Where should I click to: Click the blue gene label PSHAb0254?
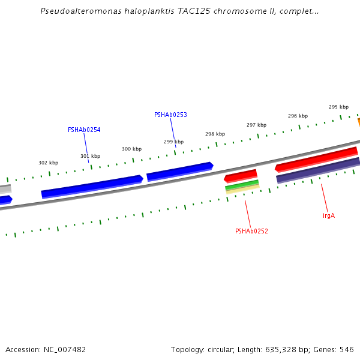[84, 130]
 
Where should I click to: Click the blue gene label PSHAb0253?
[170, 115]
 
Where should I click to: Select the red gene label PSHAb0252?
[251, 231]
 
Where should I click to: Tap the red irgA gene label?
[329, 215]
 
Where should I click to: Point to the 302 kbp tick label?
[49, 163]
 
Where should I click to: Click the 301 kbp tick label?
[91, 156]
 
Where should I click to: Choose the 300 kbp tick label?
[132, 149]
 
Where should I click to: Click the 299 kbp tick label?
[174, 142]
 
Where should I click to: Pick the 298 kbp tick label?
[215, 134]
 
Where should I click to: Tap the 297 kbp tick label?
[256, 125]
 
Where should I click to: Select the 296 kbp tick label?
[298, 116]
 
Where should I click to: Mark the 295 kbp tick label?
[338, 107]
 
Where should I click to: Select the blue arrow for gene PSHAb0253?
[180, 171]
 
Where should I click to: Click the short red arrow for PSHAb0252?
[241, 176]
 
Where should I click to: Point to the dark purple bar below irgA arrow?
[318, 170]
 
